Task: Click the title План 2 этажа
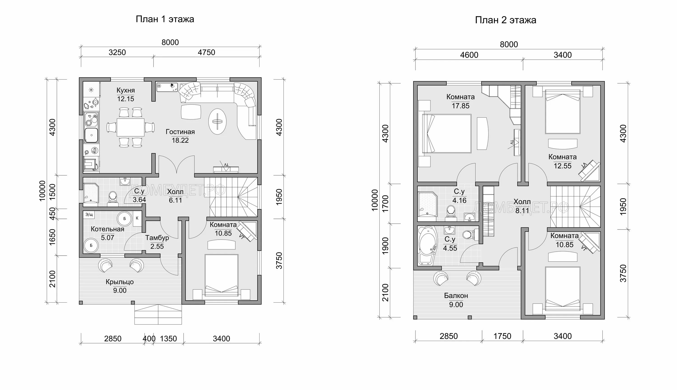505,20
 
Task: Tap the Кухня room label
125,91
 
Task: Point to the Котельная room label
107,229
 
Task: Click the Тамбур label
157,238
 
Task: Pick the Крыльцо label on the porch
120,282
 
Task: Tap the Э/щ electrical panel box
89,215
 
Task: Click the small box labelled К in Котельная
137,218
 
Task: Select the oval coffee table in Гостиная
217,121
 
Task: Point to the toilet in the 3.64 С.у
113,198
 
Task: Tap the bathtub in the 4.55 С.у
427,246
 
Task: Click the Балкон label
456,296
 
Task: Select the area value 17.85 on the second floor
461,106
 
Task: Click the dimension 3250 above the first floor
117,52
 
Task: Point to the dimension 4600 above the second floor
469,55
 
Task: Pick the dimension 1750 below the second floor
502,336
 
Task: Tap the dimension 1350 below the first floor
168,339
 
